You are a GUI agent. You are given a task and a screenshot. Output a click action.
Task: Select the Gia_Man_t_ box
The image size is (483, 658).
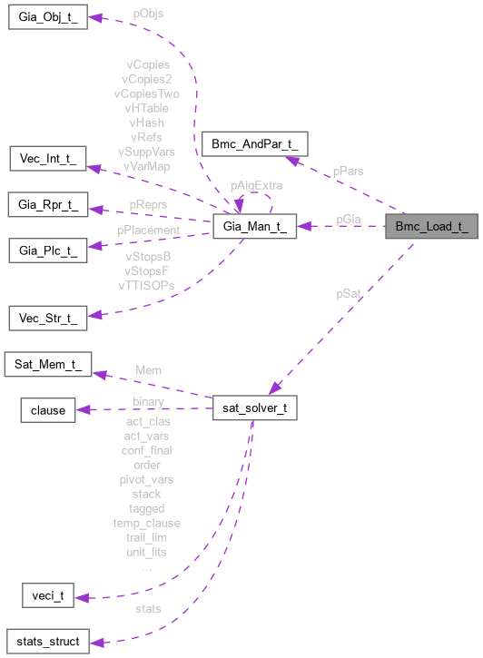coord(254,228)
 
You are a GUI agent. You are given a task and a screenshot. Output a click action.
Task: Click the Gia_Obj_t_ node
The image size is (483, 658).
coord(47,18)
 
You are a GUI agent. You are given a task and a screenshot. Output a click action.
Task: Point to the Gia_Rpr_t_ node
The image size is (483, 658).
coord(47,203)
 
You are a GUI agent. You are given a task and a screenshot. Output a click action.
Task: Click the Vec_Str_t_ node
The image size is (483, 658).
coord(47,318)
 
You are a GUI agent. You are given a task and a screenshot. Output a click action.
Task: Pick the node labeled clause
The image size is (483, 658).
coord(48,409)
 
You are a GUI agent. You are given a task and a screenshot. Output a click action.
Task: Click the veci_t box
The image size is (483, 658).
coord(46,596)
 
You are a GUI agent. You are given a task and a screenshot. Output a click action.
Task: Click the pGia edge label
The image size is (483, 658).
coord(350,219)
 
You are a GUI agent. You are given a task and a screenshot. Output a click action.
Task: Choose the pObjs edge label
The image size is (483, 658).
coord(148,15)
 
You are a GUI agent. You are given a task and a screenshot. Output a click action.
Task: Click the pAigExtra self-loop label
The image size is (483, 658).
coord(256,185)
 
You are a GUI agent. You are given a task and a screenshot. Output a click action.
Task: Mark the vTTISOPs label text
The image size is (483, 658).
coord(146,285)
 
